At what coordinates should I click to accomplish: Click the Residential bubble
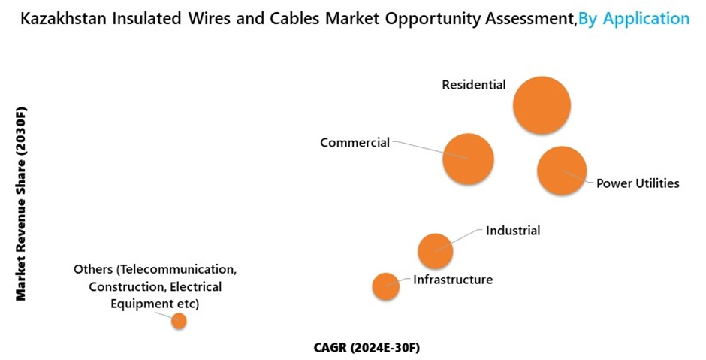(x=542, y=105)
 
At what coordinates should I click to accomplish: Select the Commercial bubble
(x=468, y=159)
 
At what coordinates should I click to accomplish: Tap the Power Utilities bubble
(x=562, y=171)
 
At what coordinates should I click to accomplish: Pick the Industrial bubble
(x=435, y=250)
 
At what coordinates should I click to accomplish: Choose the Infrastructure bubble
(x=385, y=286)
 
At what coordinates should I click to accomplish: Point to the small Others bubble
(x=179, y=321)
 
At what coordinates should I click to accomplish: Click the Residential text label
(x=473, y=85)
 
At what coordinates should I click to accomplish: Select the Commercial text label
(x=355, y=142)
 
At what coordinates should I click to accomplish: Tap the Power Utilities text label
(x=638, y=183)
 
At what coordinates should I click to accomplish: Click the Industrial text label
(x=513, y=231)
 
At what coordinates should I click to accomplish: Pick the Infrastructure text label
(x=453, y=280)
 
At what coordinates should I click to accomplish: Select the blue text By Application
(x=634, y=18)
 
